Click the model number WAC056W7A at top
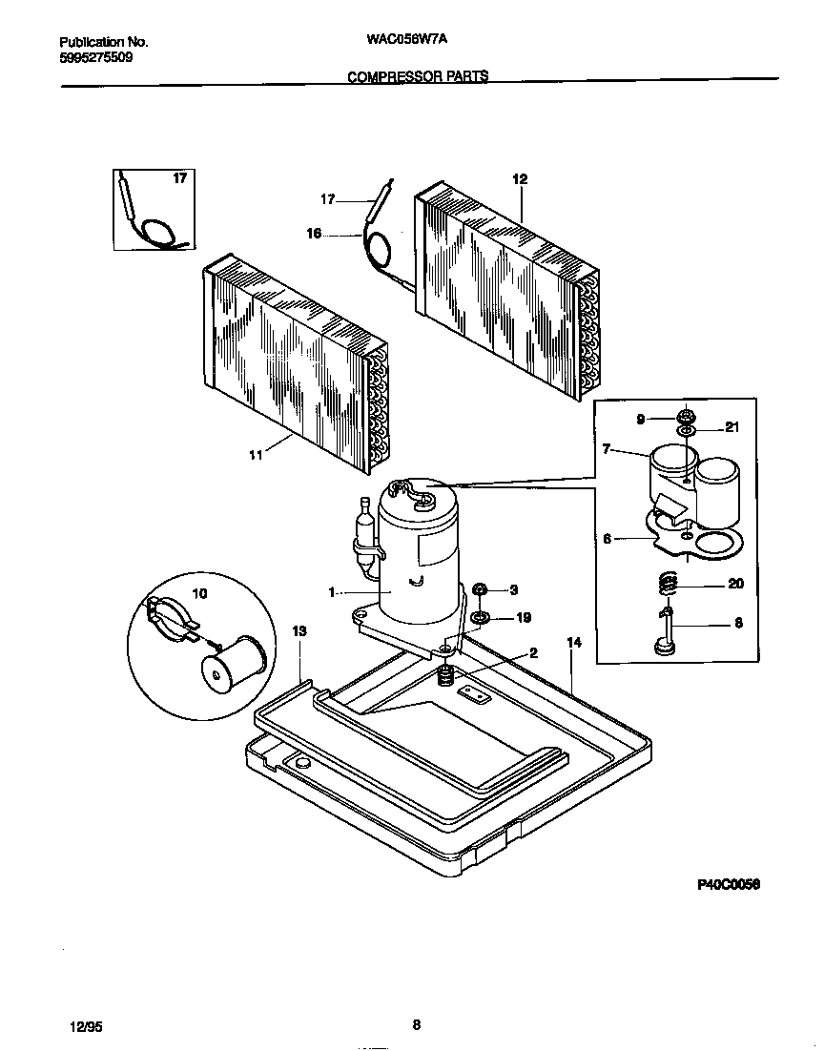(406, 42)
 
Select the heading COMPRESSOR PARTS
(418, 77)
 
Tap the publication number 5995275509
(95, 57)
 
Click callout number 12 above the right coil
(519, 178)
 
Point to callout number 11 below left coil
(255, 455)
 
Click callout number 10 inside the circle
(200, 593)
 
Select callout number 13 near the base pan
(299, 630)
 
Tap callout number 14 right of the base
(573, 643)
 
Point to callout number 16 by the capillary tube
(314, 232)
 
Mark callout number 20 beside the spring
(735, 584)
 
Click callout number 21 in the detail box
(732, 427)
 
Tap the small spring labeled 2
(443, 677)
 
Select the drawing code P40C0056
(729, 885)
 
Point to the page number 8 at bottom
(416, 1025)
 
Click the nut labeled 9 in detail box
(685, 417)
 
